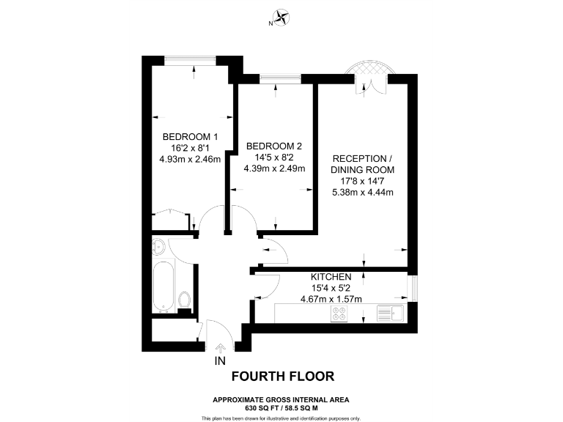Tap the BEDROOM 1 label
coord(190,136)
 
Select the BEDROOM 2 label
coord(274,146)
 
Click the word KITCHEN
coord(331,277)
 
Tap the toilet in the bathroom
coord(184,300)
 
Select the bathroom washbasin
coord(159,245)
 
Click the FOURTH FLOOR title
coord(282,377)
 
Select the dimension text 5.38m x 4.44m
coord(364,193)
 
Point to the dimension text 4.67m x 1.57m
coord(331,299)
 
